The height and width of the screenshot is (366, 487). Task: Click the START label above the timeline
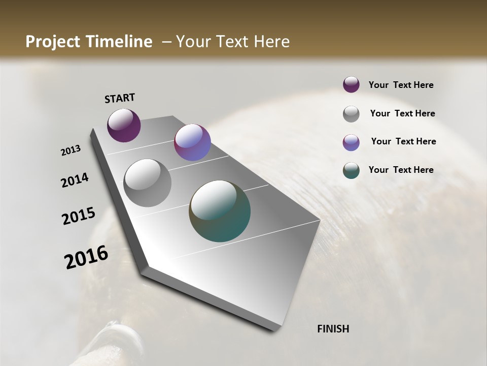pyautogui.click(x=120, y=98)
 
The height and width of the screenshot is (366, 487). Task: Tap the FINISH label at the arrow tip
pyautogui.click(x=333, y=329)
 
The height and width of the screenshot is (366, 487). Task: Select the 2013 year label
pyautogui.click(x=71, y=150)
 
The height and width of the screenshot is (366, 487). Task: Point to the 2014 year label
pyautogui.click(x=75, y=180)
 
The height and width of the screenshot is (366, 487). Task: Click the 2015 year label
pyautogui.click(x=79, y=216)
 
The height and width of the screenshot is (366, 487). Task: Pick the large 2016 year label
pyautogui.click(x=86, y=257)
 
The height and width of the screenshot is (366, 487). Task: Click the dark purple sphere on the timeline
pyautogui.click(x=124, y=125)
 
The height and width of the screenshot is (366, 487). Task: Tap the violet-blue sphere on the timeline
pyautogui.click(x=192, y=142)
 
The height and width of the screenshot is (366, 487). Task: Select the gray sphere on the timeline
pyautogui.click(x=147, y=182)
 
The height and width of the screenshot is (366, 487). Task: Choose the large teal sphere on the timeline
pyautogui.click(x=220, y=211)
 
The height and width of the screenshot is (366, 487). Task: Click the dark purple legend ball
pyautogui.click(x=351, y=85)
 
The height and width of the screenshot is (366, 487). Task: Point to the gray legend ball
pyautogui.click(x=351, y=114)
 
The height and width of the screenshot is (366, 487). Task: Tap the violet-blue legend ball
pyautogui.click(x=351, y=142)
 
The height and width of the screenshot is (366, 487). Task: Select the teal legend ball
pyautogui.click(x=351, y=170)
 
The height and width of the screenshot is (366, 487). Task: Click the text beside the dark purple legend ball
pyautogui.click(x=401, y=85)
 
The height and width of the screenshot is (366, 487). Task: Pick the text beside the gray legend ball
pyautogui.click(x=402, y=113)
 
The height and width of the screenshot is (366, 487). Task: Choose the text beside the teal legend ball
pyautogui.click(x=401, y=170)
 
